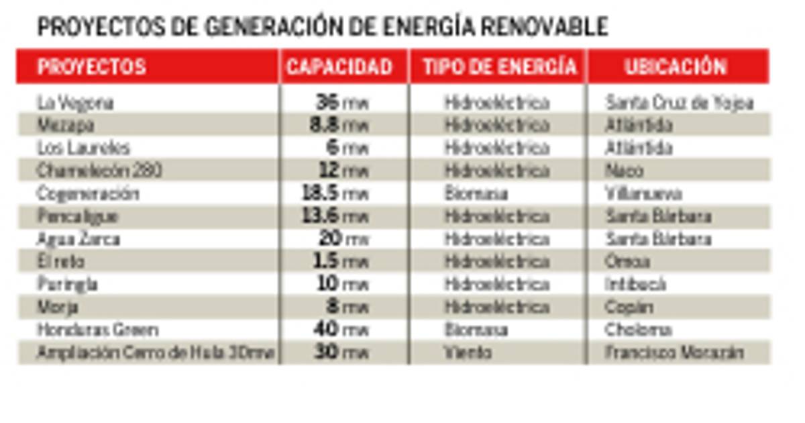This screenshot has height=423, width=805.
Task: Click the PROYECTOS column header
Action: [91, 66]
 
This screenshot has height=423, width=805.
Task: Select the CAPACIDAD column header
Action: [339, 66]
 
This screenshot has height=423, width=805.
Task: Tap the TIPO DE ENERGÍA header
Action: [499, 66]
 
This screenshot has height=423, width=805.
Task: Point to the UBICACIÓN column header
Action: [676, 66]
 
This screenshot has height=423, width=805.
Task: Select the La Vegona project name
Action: [75, 103]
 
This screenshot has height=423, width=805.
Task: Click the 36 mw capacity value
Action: [342, 103]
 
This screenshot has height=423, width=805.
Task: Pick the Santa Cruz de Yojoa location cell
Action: [680, 103]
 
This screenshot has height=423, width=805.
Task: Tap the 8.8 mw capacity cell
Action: [339, 126]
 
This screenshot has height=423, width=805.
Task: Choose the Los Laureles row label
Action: [83, 148]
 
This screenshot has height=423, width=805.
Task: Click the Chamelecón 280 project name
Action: [99, 171]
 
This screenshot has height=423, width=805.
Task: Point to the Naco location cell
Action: [624, 171]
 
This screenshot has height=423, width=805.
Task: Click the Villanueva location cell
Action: [643, 194]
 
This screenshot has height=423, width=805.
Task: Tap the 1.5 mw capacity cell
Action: [341, 262]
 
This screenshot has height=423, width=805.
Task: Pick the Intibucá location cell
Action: [635, 285]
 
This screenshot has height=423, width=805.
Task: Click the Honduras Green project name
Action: [98, 330]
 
